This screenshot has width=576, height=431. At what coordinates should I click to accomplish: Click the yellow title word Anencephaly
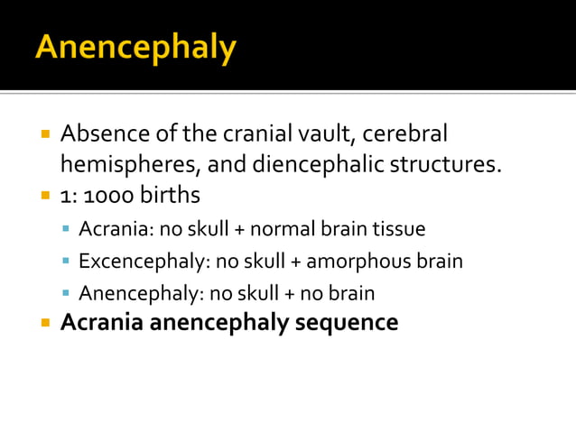(x=135, y=47)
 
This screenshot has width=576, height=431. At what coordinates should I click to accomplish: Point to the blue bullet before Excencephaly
(x=66, y=262)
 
